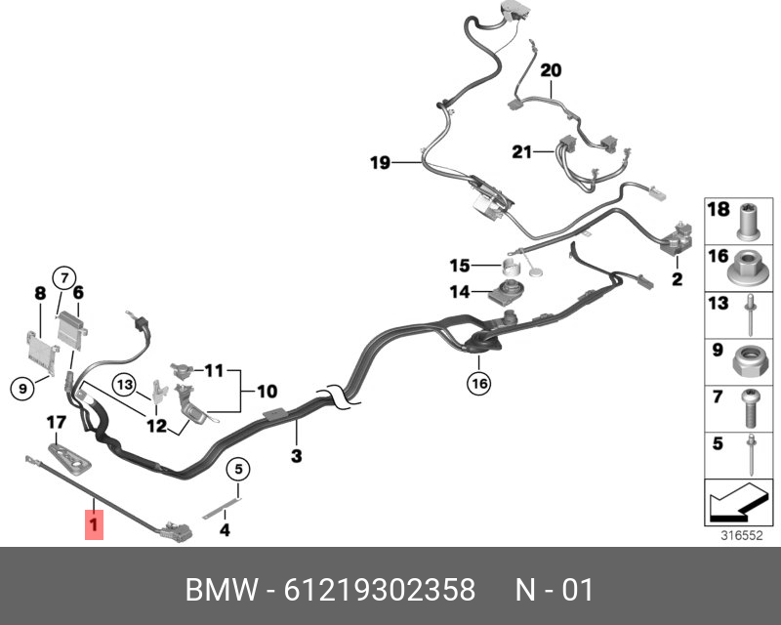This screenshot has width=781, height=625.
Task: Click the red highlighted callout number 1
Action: point(93,526)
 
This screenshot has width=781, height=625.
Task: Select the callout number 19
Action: point(380,162)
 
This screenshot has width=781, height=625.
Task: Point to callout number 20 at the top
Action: point(551,70)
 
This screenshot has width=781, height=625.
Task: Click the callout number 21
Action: point(522,151)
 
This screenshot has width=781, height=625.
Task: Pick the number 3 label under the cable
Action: point(297,456)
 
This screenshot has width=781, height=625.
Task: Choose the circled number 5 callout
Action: point(235,470)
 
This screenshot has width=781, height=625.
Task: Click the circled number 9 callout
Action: point(20,389)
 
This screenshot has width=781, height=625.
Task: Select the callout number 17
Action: point(56,423)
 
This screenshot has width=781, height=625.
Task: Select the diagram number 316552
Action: point(741,535)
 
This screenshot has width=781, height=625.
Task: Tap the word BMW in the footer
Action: point(220,591)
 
